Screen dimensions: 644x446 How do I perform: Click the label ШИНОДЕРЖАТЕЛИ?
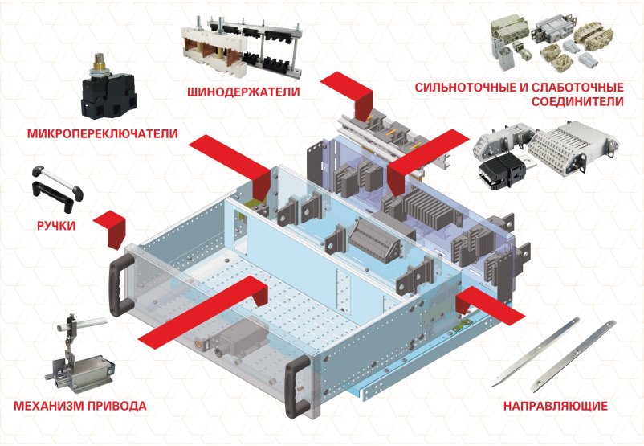pos(243,92)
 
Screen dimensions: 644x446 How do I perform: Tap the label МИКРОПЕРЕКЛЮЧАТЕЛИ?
pos(103,133)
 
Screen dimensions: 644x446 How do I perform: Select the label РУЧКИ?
pos(56,226)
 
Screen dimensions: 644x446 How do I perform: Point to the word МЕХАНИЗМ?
pos(48,406)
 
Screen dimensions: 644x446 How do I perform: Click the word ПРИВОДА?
pos(116,406)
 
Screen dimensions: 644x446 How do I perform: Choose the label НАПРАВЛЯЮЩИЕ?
pos(556,407)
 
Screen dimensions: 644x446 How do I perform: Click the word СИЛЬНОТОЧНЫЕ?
pos(467,88)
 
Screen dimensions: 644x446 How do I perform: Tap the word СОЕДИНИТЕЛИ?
pos(577,101)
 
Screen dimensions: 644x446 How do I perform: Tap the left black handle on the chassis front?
pos(120,284)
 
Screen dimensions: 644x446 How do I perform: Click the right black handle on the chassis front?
pos(297,387)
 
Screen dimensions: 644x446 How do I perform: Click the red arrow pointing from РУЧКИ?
pos(112,228)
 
